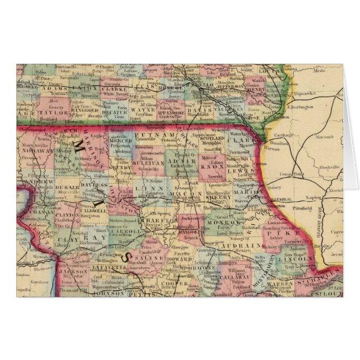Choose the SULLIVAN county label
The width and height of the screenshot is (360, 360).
[147, 166]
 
